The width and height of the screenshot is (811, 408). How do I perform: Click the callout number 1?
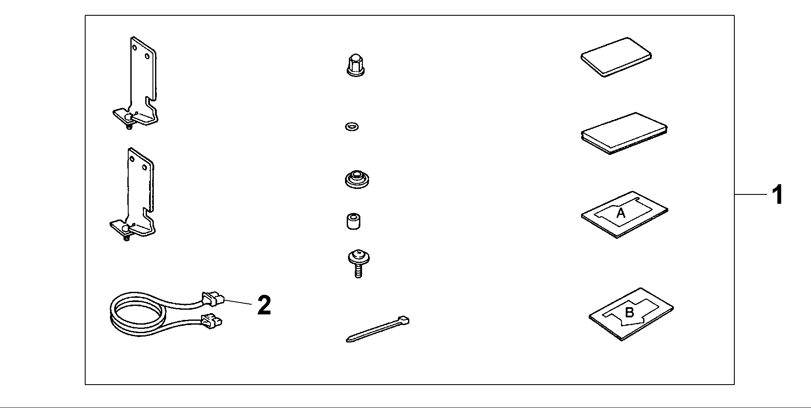[778, 195]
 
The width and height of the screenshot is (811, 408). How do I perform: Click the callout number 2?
[264, 305]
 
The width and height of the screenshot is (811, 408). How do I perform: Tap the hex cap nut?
[356, 65]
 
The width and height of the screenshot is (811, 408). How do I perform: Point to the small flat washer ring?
[352, 126]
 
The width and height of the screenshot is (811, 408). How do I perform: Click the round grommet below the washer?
[357, 179]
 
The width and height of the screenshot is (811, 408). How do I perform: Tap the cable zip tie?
[377, 329]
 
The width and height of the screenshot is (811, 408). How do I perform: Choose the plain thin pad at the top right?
[616, 57]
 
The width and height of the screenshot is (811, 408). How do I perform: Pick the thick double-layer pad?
[624, 133]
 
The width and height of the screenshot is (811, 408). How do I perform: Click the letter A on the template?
[621, 213]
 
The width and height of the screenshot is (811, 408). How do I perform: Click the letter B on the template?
[629, 313]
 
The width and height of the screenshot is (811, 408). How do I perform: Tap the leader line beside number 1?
[751, 195]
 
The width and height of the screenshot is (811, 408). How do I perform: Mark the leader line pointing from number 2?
[238, 302]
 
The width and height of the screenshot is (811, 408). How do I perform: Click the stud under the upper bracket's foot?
[129, 126]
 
